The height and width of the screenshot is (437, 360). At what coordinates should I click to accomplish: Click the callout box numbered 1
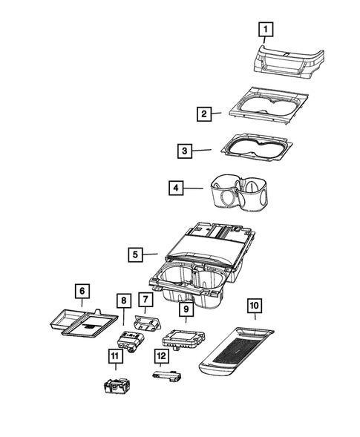click(265, 29)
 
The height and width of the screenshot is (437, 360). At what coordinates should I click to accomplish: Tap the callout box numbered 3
click(183, 151)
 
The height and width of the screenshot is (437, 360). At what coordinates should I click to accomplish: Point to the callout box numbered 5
click(134, 254)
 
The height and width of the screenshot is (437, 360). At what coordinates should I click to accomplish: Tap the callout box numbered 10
click(255, 304)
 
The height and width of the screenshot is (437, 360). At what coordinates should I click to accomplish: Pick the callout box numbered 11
click(114, 357)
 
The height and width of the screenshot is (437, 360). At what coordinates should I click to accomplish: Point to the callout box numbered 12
click(161, 355)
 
